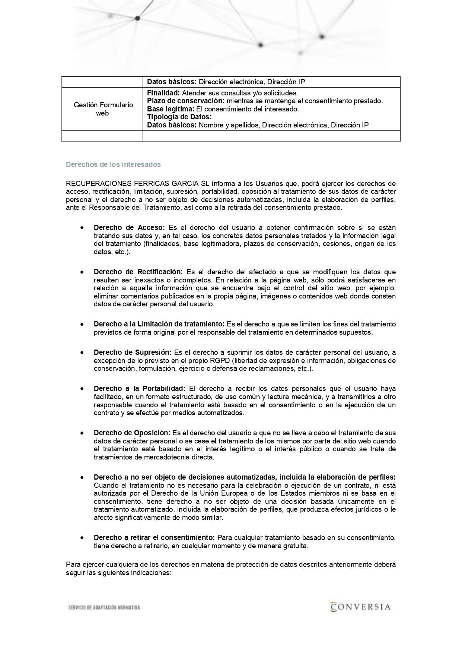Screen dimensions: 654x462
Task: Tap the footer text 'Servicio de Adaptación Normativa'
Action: [x=104, y=607]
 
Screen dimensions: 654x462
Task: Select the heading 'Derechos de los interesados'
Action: [x=113, y=164]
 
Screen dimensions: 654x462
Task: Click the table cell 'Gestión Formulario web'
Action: [x=103, y=109]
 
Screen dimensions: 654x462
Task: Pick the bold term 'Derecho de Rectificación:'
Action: [x=138, y=272]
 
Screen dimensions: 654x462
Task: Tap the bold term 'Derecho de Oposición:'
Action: [x=132, y=433]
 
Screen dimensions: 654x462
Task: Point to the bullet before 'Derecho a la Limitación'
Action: [x=81, y=324]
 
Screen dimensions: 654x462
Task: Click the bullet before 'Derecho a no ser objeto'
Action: [x=81, y=477]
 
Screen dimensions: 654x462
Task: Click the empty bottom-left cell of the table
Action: [x=102, y=136]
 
